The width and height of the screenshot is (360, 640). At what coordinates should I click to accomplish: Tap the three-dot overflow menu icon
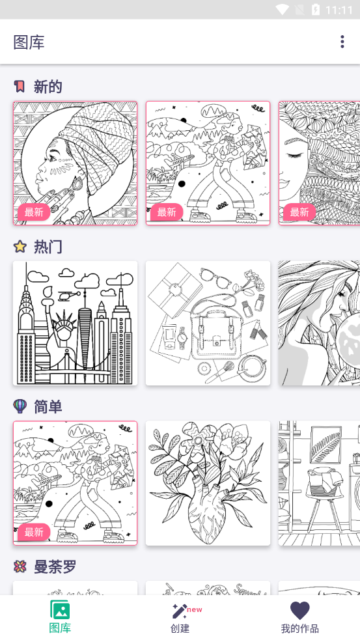pyautogui.click(x=342, y=42)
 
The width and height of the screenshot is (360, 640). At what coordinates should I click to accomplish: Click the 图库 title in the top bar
pyautogui.click(x=29, y=42)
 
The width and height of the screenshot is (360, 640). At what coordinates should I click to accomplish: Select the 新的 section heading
pyautogui.click(x=48, y=87)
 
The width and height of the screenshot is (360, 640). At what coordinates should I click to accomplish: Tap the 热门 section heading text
pyautogui.click(x=48, y=247)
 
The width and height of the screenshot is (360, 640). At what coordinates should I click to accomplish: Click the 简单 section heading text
pyautogui.click(x=48, y=407)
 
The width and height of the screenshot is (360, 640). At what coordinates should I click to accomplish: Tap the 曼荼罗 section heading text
pyautogui.click(x=55, y=567)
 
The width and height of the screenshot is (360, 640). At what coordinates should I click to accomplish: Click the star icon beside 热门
pyautogui.click(x=20, y=247)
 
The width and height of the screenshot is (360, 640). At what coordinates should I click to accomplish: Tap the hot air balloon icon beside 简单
pyautogui.click(x=20, y=406)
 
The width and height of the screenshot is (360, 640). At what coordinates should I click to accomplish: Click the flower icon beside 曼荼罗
pyautogui.click(x=20, y=567)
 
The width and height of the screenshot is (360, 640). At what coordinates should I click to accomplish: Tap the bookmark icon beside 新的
pyautogui.click(x=20, y=87)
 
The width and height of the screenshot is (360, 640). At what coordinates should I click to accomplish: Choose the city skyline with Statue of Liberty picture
pyautogui.click(x=75, y=323)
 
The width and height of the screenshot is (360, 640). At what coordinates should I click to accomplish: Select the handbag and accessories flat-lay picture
pyautogui.click(x=208, y=323)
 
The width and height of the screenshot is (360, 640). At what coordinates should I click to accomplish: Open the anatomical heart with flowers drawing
pyautogui.click(x=208, y=483)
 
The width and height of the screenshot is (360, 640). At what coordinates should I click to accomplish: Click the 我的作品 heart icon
pyautogui.click(x=299, y=610)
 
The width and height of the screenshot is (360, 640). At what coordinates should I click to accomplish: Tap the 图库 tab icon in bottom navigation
pyautogui.click(x=60, y=610)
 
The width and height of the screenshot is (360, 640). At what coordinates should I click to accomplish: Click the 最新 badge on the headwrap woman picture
pyautogui.click(x=34, y=212)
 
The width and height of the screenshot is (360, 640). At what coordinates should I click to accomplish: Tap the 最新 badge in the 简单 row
pyautogui.click(x=34, y=532)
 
